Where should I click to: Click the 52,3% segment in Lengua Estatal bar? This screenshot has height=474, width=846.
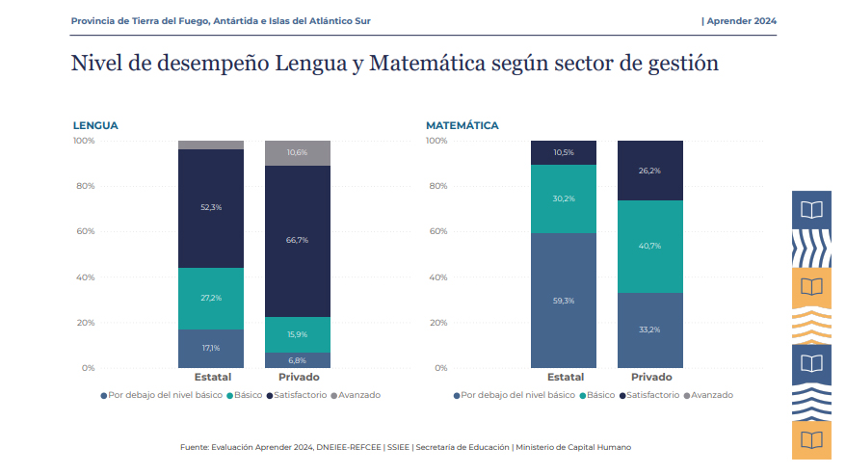(210, 208)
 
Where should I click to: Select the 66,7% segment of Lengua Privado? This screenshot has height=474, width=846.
(297, 241)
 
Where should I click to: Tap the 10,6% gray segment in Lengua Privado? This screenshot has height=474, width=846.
(297, 153)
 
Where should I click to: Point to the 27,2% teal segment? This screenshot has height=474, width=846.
(210, 298)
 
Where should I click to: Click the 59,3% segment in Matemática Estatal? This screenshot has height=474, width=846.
(564, 301)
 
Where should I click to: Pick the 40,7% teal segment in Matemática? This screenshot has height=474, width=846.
(649, 247)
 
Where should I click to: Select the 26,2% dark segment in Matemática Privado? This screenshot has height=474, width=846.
(649, 171)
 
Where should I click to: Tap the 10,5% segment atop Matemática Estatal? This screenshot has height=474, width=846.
(564, 152)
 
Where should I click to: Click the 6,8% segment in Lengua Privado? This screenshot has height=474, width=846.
(297, 359)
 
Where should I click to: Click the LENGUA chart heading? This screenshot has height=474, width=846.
(95, 126)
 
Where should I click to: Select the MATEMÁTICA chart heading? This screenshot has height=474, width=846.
(463, 126)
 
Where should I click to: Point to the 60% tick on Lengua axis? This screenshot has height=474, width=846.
(84, 231)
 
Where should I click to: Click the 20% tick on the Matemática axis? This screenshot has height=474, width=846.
(436, 323)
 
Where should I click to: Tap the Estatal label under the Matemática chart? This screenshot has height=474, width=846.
(565, 377)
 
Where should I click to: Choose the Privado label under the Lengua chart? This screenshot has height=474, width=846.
(299, 377)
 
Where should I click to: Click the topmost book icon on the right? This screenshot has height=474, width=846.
(812, 209)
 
